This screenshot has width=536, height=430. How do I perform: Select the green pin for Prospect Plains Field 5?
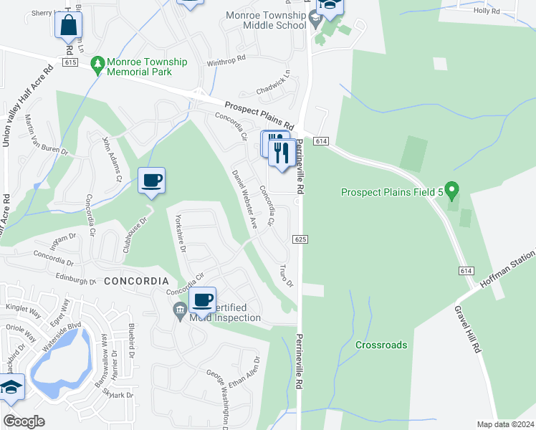451,191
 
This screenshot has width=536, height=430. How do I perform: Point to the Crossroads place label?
381,345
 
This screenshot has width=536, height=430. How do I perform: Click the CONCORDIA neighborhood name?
136,282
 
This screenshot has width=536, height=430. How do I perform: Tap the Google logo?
24,421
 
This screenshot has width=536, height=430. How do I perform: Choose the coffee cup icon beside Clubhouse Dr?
151,180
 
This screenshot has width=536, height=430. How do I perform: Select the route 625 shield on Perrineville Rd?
300,239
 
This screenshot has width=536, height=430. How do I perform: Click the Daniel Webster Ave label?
244,198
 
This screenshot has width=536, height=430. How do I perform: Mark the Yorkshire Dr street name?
181,236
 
